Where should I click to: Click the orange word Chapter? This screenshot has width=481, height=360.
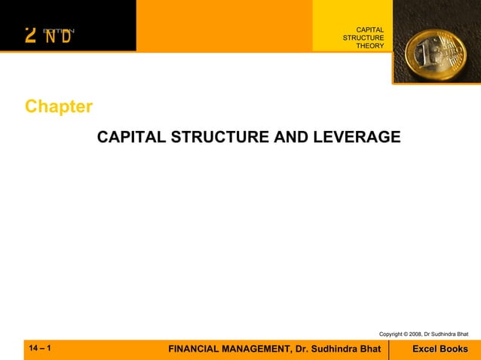coord(59,106)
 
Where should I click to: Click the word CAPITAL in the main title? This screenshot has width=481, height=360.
coord(131,138)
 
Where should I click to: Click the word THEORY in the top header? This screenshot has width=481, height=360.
coord(370,46)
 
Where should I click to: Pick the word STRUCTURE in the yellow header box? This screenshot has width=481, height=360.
coord(363,38)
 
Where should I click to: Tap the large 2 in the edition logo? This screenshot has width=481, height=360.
coord(30,35)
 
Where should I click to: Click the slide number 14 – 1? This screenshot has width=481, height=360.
coord(40,349)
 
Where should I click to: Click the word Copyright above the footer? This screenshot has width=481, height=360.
coord(393,334)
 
